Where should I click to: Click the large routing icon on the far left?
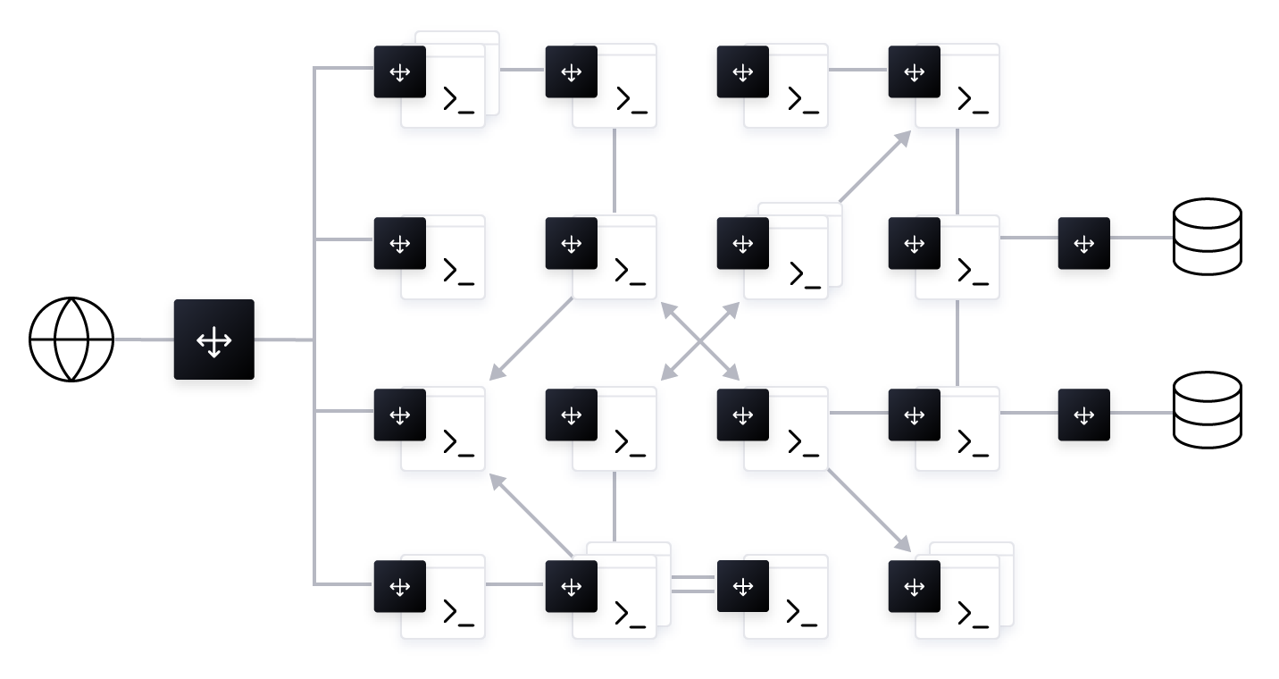[213, 340]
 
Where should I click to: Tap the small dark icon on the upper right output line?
[1083, 243]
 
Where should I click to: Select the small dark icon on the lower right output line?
[1083, 415]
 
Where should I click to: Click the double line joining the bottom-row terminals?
[695, 584]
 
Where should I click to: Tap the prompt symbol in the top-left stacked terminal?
[457, 100]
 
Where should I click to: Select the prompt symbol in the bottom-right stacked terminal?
[972, 615]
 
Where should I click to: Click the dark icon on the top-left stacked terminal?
[399, 72]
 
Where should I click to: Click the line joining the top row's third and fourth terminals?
[857, 69]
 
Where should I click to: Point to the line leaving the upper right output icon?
[1141, 238]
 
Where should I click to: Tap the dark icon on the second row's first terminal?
[399, 243]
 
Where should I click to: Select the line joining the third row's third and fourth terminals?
[858, 413]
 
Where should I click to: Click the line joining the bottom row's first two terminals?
[515, 584]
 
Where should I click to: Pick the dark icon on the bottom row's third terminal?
[742, 586]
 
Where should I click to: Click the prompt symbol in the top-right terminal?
[972, 100]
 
